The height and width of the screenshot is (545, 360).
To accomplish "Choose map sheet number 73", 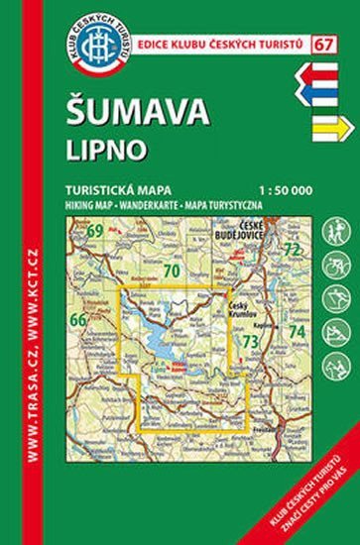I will [x=251, y=342].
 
